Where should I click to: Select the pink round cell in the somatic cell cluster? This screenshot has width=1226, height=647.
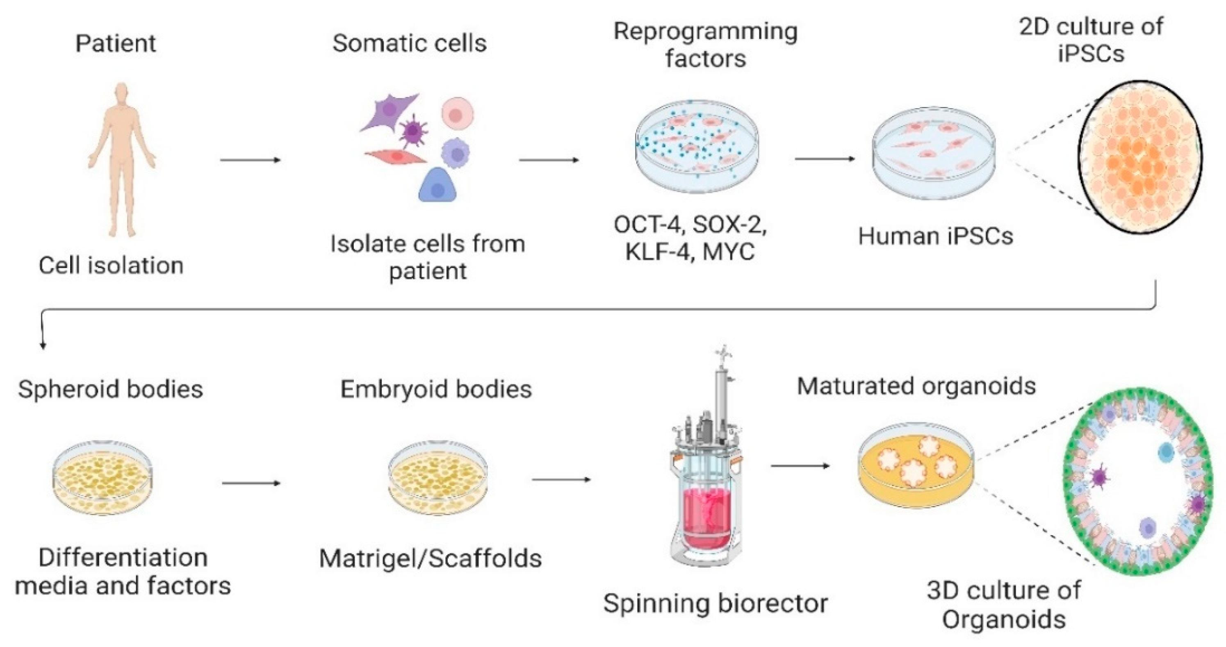point(457,114)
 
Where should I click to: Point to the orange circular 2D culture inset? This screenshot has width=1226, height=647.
point(1139,157)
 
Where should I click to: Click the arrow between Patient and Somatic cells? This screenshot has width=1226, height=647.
point(251,160)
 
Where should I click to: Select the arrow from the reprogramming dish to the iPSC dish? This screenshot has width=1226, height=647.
point(824,159)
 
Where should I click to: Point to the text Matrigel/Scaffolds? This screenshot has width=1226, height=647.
point(430,558)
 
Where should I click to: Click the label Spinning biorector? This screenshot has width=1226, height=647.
point(716,604)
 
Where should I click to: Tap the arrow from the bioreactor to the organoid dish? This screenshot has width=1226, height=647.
point(800,466)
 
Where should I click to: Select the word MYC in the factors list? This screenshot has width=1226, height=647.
point(729,252)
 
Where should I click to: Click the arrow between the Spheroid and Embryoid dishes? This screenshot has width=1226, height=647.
point(251,483)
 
